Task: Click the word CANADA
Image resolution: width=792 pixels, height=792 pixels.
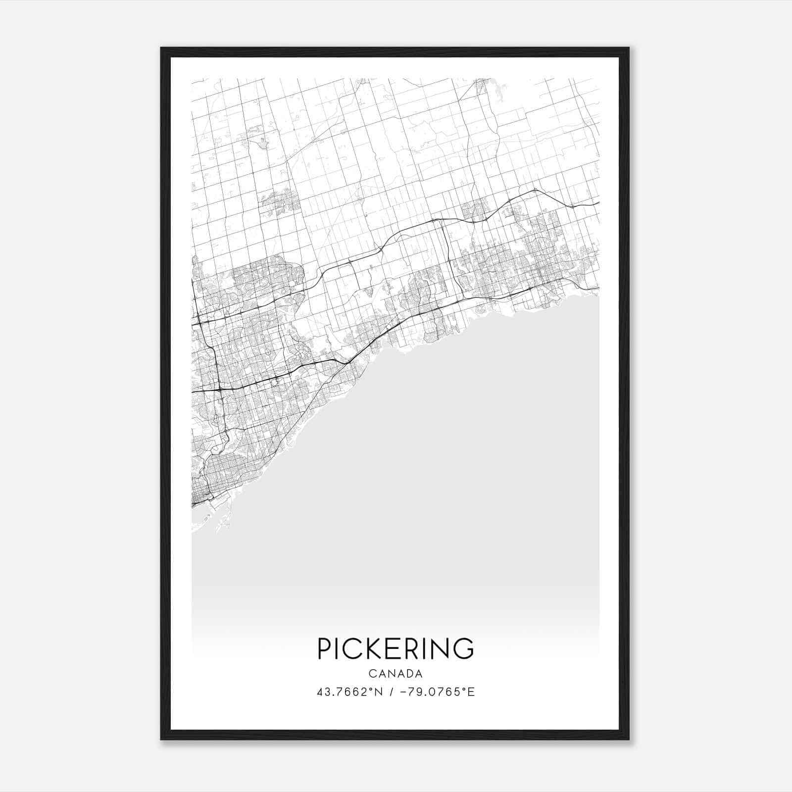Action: click(x=396, y=674)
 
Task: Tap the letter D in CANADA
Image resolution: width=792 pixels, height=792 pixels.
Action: click(x=409, y=674)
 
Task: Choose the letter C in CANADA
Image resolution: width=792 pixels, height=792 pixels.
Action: click(x=372, y=674)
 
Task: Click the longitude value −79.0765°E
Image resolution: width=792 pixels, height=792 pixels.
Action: click(x=437, y=692)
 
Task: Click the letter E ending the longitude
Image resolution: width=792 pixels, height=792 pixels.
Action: click(x=472, y=692)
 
